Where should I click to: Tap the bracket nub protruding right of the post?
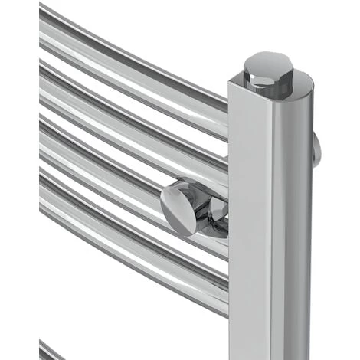coord(316,149)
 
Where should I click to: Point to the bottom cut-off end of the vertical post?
coord(268,355)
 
